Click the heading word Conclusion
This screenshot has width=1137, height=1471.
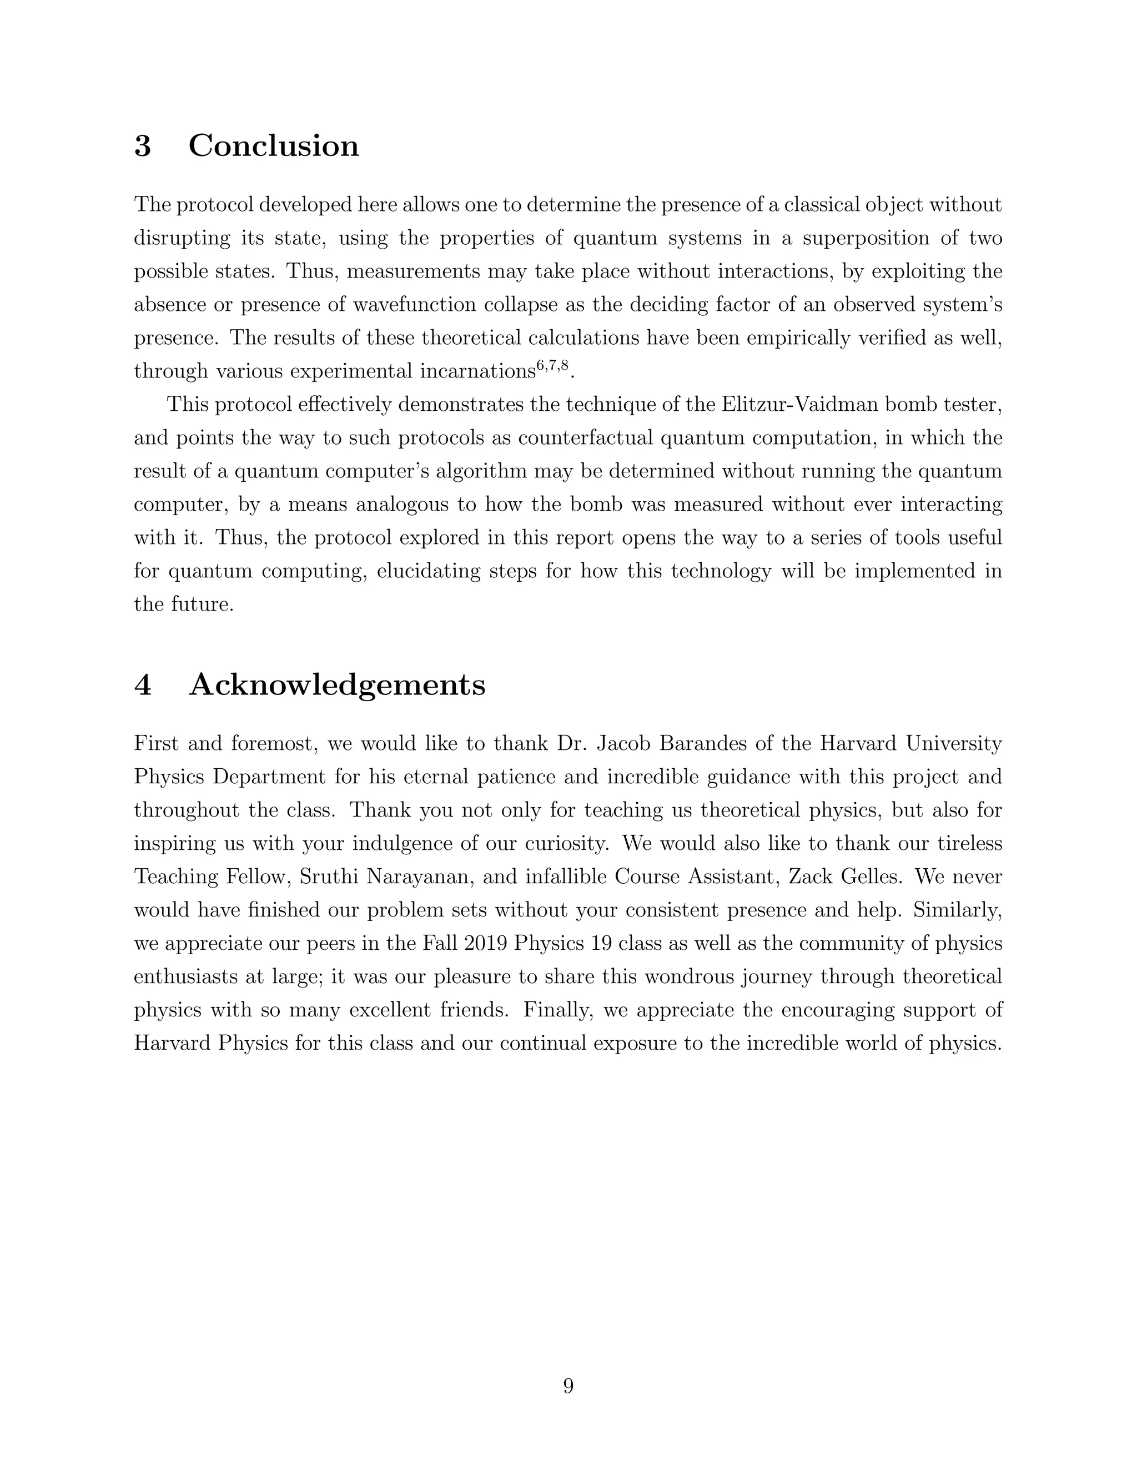tap(274, 145)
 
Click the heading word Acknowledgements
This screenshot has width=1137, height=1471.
tap(337, 685)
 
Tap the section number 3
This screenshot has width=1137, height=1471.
tap(142, 145)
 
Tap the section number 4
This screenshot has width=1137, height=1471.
tap(142, 685)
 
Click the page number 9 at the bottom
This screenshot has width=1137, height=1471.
tap(568, 1386)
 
